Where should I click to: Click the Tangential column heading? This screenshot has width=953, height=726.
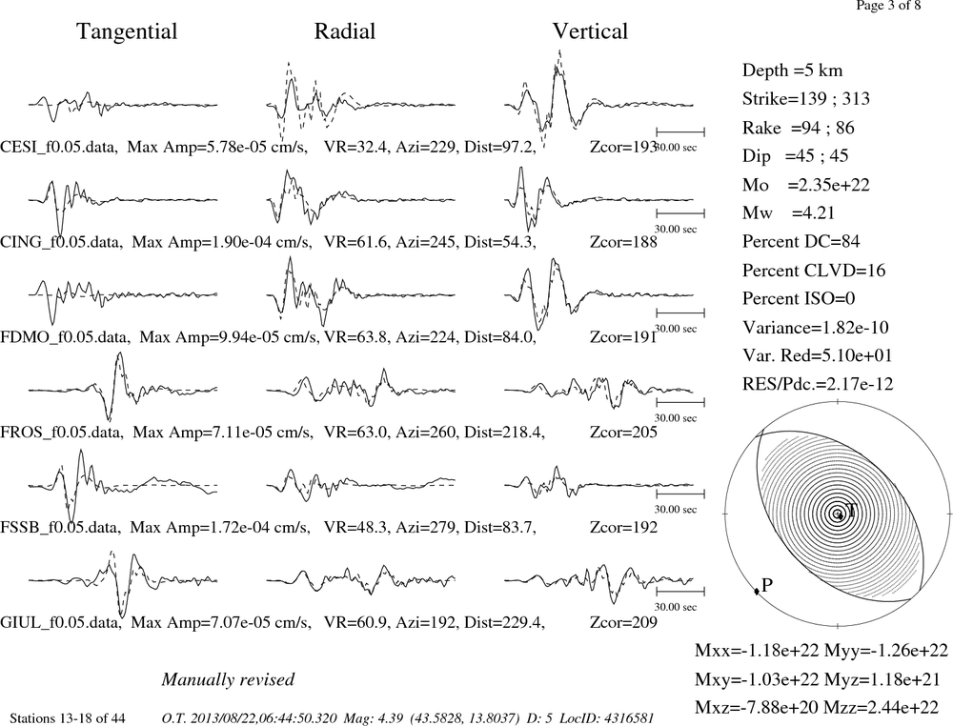click(127, 32)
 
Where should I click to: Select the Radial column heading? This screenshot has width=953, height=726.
click(345, 31)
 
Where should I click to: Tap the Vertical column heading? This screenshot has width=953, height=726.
click(590, 31)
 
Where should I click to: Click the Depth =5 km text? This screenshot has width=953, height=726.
click(792, 71)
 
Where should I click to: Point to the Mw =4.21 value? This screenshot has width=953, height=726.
click(788, 213)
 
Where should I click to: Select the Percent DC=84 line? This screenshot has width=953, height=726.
click(801, 242)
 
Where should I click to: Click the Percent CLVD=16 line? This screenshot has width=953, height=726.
click(814, 271)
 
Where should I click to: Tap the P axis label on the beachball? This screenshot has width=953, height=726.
click(766, 585)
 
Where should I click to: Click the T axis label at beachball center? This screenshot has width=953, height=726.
click(850, 510)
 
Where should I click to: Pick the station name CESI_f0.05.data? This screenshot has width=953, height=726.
click(59, 148)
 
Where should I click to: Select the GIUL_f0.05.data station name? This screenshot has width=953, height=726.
click(61, 623)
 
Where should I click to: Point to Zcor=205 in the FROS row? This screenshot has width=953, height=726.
click(623, 433)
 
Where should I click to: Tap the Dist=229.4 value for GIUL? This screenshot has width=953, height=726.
click(504, 623)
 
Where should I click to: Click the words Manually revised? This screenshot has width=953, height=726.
click(228, 679)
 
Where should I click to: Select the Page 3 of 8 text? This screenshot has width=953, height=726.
click(888, 6)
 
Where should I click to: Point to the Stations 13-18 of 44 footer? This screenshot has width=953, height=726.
click(68, 718)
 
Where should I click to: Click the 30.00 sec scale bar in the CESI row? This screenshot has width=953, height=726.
click(680, 131)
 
